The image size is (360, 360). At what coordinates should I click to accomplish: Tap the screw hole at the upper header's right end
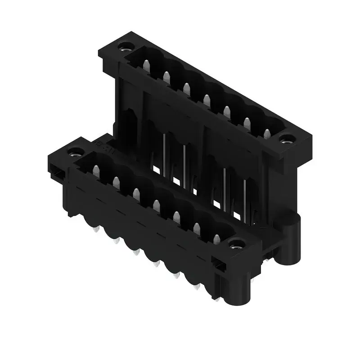pos(286,139)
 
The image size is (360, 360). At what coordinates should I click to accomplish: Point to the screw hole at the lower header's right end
pos(236,244)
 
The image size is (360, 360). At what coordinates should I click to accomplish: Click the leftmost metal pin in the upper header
pos(146,66)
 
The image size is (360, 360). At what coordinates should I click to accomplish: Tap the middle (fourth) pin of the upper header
pos(207,100)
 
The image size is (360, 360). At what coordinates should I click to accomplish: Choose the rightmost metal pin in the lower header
pos(217,239)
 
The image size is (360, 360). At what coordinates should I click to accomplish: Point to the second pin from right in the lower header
pos(197,229)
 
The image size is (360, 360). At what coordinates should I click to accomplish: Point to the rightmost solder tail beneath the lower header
pos(217,297)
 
